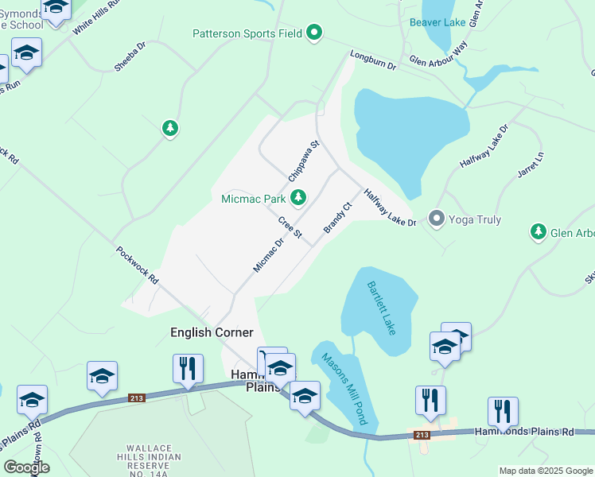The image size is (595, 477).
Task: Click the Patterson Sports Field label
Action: point(247,34)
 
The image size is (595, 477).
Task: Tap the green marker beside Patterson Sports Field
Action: point(314,33)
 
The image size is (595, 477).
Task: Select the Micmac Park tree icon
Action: point(297,197)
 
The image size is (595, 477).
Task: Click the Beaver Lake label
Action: point(437,22)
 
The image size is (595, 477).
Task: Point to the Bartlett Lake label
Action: point(380,308)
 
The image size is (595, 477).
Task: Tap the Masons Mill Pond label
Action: point(343,388)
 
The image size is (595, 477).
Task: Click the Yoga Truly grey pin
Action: point(436,218)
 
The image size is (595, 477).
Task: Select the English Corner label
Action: point(212,332)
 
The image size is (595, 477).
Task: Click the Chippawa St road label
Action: point(303,161)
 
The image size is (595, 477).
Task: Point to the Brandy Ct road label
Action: point(337,218)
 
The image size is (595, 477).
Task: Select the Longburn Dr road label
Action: point(373,61)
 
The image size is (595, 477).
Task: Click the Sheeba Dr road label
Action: point(130,57)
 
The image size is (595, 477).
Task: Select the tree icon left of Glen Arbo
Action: point(539,231)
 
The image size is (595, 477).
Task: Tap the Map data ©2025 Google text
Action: point(545,471)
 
